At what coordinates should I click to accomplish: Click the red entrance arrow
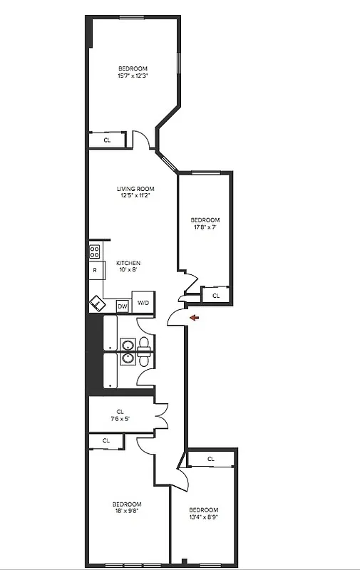194,318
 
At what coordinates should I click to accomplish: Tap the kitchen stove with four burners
94,252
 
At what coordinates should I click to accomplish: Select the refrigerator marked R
94,271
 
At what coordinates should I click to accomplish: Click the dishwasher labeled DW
122,305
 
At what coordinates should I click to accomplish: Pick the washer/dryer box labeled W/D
143,303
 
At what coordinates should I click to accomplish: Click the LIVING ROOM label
135,189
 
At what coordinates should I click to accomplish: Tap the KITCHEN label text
128,263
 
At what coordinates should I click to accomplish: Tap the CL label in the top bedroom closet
108,140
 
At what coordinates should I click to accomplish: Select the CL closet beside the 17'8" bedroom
215,294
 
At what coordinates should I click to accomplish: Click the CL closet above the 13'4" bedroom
211,459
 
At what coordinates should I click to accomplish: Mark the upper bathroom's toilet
145,344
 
